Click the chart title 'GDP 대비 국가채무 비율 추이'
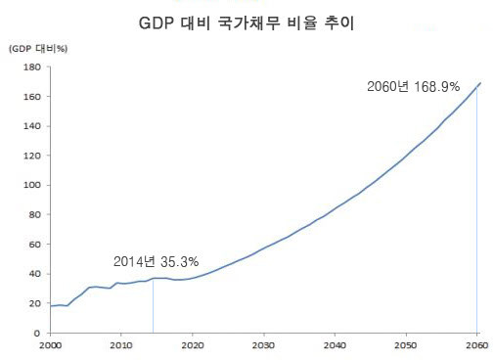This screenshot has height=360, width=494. [x=247, y=22]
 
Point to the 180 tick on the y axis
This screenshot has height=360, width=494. [x=30, y=67]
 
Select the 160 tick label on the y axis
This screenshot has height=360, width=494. [x=30, y=97]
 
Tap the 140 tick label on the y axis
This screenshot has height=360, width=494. [x=30, y=126]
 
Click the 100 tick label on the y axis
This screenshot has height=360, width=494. [x=30, y=185]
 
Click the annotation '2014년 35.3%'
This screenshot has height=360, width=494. [x=157, y=261]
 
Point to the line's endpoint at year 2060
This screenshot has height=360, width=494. [x=478, y=84]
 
